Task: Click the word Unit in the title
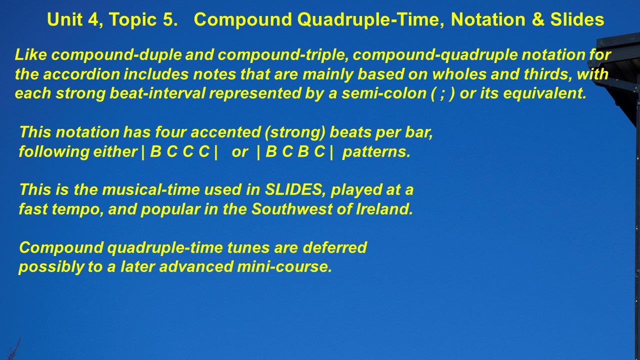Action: (x=65, y=19)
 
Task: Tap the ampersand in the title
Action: (x=537, y=19)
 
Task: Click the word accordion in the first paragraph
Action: (x=81, y=74)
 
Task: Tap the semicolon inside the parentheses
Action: (x=442, y=94)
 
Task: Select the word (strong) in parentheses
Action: (x=295, y=133)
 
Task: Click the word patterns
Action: (x=376, y=151)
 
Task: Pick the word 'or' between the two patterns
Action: (x=239, y=152)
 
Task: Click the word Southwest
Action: (x=292, y=209)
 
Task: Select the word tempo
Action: (x=77, y=209)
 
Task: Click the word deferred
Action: (x=334, y=247)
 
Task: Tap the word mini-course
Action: (x=284, y=267)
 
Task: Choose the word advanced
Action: (x=196, y=267)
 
